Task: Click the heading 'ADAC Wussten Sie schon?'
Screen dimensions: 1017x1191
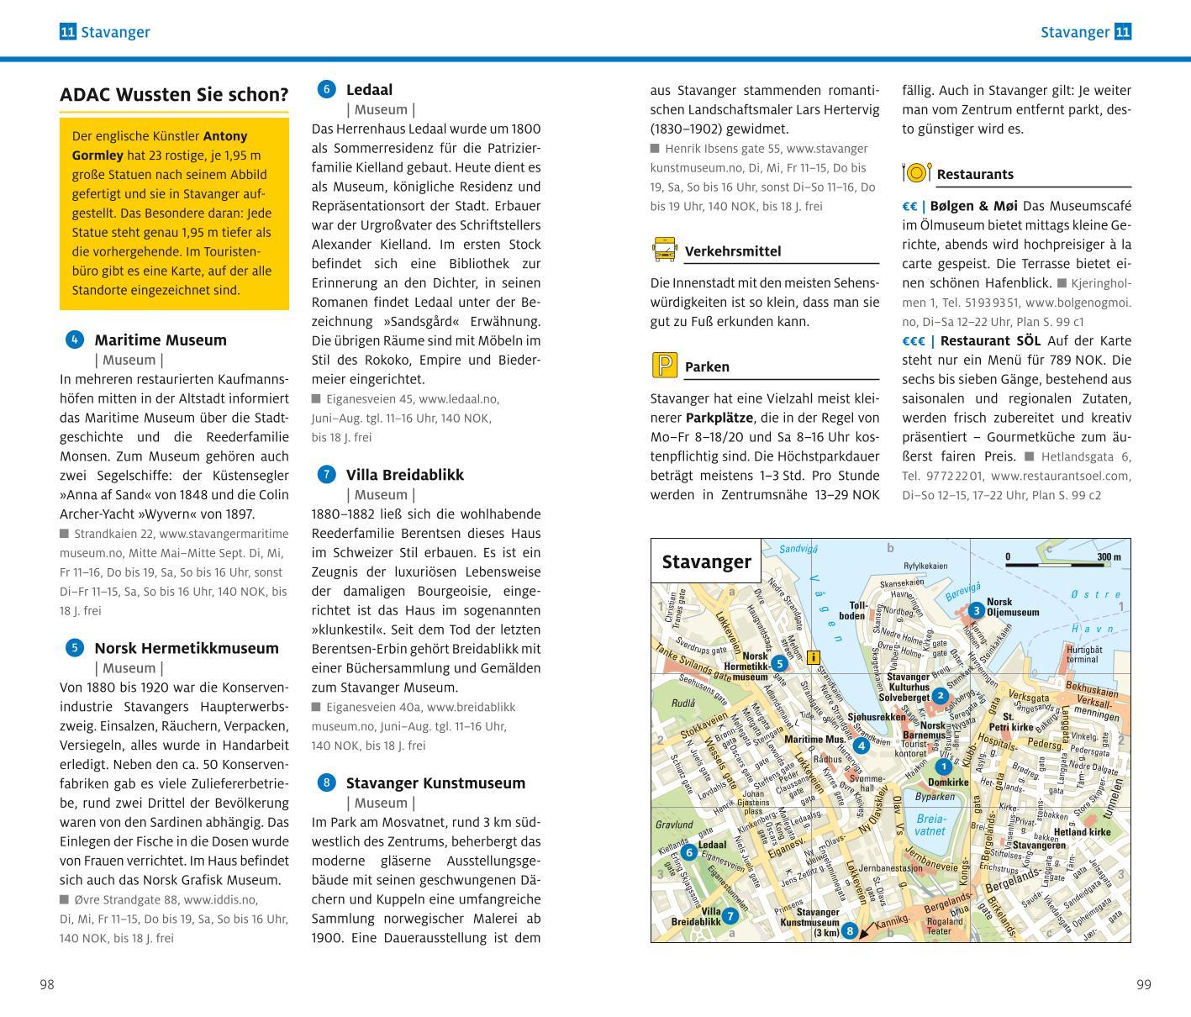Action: pyautogui.click(x=174, y=95)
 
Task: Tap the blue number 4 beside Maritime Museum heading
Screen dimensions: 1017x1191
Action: pyautogui.click(x=74, y=340)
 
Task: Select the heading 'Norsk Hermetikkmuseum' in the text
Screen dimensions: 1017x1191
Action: pyautogui.click(x=186, y=648)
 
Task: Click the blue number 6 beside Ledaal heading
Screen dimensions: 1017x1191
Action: pyautogui.click(x=326, y=89)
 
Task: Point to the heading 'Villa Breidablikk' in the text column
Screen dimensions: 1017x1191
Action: pyautogui.click(x=404, y=474)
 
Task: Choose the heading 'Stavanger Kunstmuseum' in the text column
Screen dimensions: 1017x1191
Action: pyautogui.click(x=435, y=783)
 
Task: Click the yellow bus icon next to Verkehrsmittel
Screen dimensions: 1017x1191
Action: pyautogui.click(x=664, y=250)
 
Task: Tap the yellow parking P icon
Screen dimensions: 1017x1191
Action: pyautogui.click(x=664, y=366)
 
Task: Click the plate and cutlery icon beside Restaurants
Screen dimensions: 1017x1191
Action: pyautogui.click(x=916, y=173)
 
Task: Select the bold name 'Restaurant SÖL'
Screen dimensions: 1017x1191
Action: pyautogui.click(x=990, y=340)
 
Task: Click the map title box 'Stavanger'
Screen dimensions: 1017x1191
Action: pyautogui.click(x=706, y=561)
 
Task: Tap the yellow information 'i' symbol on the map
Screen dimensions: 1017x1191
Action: pyautogui.click(x=813, y=658)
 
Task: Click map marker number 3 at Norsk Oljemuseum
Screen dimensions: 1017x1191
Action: pyautogui.click(x=975, y=610)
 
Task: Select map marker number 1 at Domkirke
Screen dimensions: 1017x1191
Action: pyautogui.click(x=943, y=767)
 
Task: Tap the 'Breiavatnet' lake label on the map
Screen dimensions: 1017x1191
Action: pyautogui.click(x=930, y=825)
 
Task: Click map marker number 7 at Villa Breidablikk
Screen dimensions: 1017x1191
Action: pyautogui.click(x=730, y=916)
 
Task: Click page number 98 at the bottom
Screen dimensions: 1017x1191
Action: pyautogui.click(x=47, y=984)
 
